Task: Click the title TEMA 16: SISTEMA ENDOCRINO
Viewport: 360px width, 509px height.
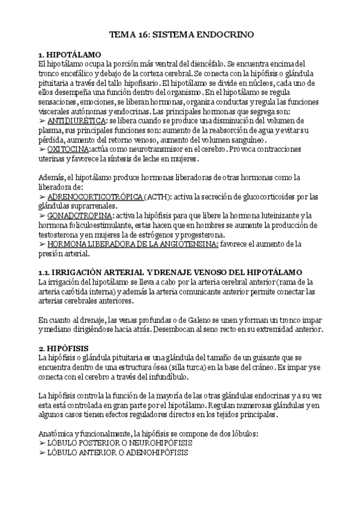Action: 180,35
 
